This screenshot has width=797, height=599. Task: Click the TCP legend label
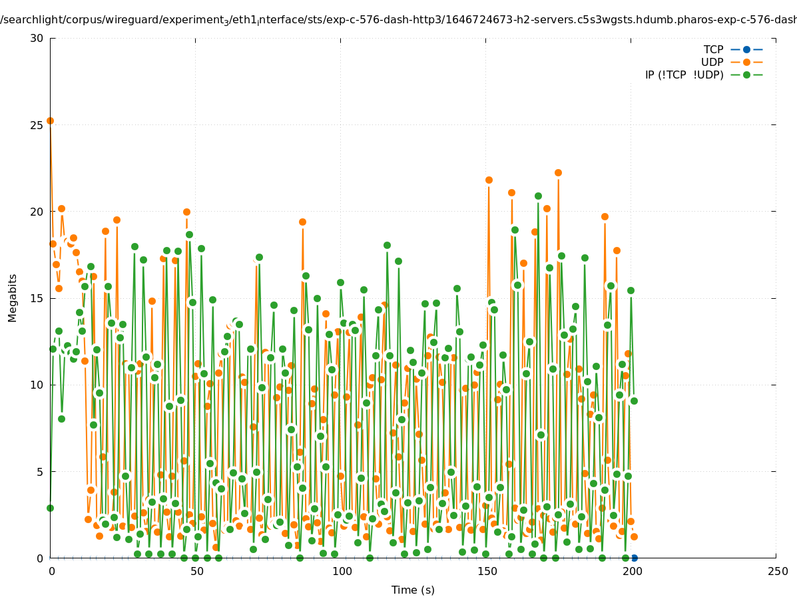713,49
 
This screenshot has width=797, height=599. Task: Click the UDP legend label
712,62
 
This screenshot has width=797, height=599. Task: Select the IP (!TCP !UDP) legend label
684,75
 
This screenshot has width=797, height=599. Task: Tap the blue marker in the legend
746,49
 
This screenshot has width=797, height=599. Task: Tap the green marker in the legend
746,75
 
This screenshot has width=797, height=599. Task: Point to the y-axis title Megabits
13,298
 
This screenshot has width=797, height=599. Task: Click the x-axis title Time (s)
413,590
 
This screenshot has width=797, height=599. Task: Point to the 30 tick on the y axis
37,38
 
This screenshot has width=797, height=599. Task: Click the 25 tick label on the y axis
37,124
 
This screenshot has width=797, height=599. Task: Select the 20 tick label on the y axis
37,212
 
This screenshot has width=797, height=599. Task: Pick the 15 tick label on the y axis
37,298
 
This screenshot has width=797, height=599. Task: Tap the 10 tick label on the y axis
37,385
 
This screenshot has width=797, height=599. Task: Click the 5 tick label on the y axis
39,471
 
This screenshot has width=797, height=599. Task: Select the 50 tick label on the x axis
196,571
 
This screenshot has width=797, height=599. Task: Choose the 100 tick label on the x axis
342,571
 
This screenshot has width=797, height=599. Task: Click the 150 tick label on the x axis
487,571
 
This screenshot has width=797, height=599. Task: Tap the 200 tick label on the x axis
632,571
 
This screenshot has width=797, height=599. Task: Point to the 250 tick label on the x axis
777,571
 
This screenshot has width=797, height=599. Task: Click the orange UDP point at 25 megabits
50,120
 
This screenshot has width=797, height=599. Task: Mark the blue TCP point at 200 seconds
634,558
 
